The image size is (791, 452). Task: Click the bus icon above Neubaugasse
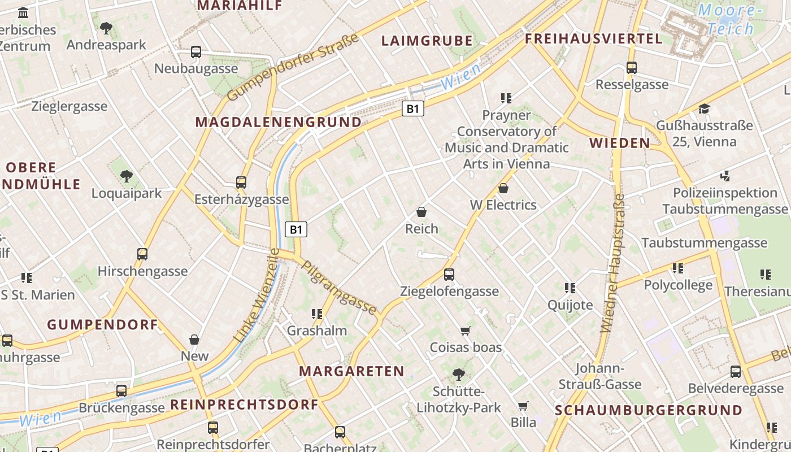click(196, 52)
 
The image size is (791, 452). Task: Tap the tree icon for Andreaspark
click(106, 28)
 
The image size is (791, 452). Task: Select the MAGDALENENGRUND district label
click(278, 122)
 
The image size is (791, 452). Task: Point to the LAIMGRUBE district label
click(427, 41)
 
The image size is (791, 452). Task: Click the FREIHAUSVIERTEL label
click(593, 39)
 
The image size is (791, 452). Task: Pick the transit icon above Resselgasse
click(632, 68)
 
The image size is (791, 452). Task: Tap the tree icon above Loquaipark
click(127, 176)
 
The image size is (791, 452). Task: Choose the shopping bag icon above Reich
click(421, 212)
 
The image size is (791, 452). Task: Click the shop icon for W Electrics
click(503, 188)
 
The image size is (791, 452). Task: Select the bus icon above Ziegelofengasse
click(449, 275)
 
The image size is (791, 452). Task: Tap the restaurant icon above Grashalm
click(316, 314)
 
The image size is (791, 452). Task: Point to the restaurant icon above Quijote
click(570, 288)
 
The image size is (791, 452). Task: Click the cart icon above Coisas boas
click(466, 331)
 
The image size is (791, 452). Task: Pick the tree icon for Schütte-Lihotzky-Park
click(458, 374)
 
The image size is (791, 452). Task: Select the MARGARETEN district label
click(351, 371)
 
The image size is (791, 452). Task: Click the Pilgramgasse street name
click(339, 287)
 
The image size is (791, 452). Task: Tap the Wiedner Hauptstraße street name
click(612, 263)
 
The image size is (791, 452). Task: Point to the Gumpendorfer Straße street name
click(293, 67)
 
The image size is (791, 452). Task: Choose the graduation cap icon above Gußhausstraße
click(704, 108)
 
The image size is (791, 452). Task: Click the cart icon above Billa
click(523, 406)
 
